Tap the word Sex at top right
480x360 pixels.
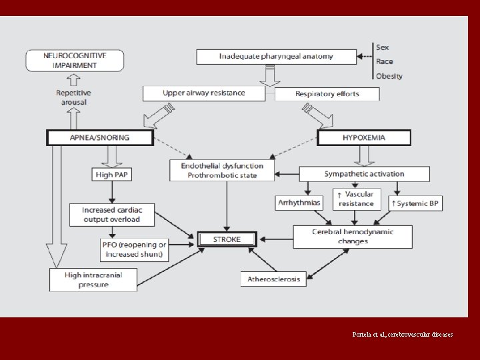pos(383,47)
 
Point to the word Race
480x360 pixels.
pos(385,61)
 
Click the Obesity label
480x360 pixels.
pos(389,76)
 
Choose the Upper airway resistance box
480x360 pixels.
pos(204,93)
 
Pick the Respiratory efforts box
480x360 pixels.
pos(327,94)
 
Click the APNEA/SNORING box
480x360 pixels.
pos(100,138)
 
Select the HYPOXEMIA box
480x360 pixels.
pos(363,138)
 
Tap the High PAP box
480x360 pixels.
pos(111,175)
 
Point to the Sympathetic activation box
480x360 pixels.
pos(364,174)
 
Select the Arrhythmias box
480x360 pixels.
pos(297,202)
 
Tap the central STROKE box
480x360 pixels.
pos(227,239)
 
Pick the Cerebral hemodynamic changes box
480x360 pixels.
pos(353,236)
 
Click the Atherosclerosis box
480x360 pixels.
pos(273,279)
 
